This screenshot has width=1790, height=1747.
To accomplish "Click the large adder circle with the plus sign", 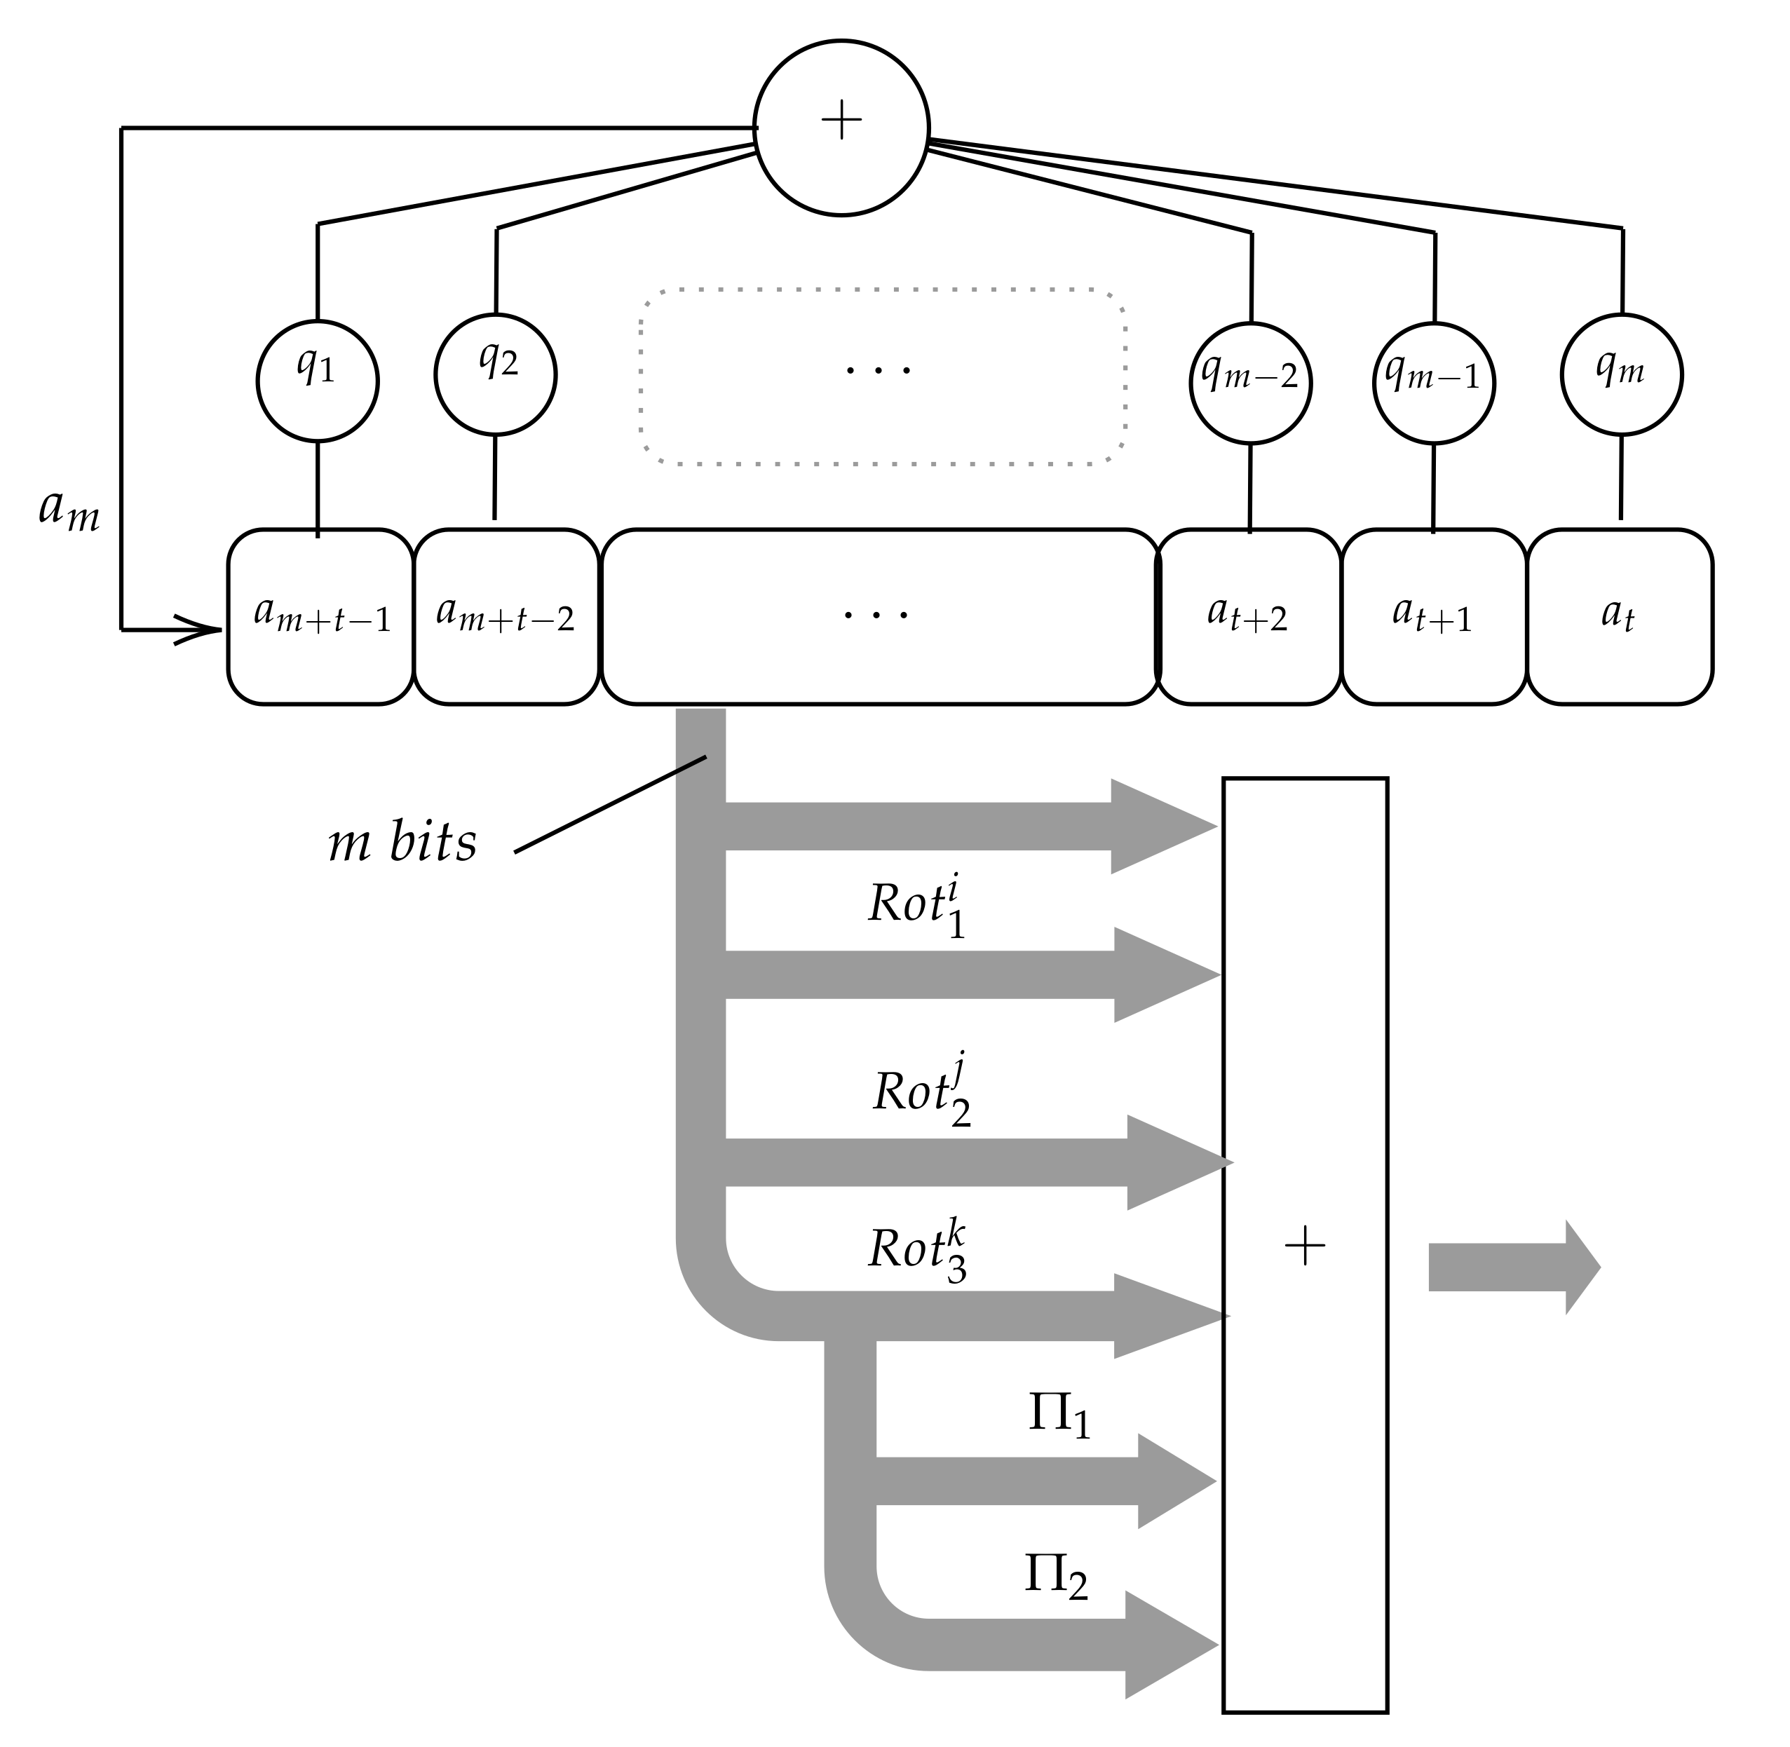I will [841, 128].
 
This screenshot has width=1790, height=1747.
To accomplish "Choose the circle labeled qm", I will [1620, 374].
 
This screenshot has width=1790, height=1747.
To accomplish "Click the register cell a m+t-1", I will [320, 617].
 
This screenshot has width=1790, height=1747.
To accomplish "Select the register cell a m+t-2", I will [506, 617].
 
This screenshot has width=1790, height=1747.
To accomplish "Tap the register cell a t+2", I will [1248, 617].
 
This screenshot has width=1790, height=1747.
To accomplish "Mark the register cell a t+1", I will [1433, 617].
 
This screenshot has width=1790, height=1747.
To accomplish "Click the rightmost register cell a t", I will [1620, 617].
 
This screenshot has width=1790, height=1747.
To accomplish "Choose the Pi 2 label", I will [1055, 1575].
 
